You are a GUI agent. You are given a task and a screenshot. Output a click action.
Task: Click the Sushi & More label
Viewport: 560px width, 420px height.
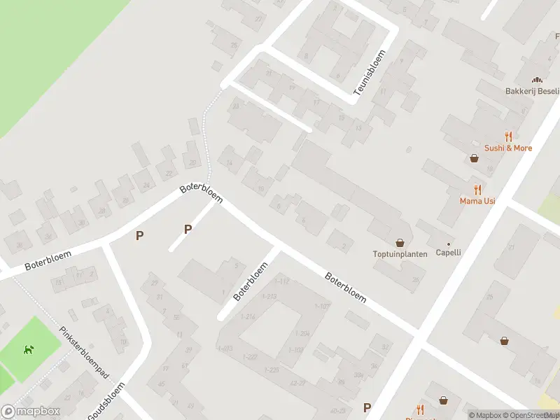pos(508,148)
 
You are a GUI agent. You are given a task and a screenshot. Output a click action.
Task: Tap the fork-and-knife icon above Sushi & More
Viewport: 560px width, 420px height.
pos(508,137)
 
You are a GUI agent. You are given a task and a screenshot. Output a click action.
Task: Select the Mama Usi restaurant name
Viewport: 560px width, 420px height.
pos(477,201)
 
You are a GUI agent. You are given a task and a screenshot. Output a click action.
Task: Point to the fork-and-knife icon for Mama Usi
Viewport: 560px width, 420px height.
pos(477,190)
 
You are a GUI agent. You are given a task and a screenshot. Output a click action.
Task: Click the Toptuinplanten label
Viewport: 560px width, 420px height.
pos(400,254)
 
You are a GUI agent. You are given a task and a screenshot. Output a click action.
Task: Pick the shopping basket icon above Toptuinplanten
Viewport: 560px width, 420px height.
pos(400,242)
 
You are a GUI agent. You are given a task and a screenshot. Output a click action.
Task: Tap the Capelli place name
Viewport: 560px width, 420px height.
pos(449,253)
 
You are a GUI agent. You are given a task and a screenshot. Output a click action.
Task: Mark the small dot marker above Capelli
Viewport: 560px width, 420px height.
pos(449,244)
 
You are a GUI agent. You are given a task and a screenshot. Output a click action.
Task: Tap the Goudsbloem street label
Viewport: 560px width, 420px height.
pos(106,401)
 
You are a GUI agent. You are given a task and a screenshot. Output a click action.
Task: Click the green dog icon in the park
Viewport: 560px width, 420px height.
pos(29,349)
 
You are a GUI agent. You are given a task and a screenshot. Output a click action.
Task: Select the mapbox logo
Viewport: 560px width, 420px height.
pos(30,412)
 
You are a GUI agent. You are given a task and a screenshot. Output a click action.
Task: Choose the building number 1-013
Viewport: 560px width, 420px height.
pos(225,349)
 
